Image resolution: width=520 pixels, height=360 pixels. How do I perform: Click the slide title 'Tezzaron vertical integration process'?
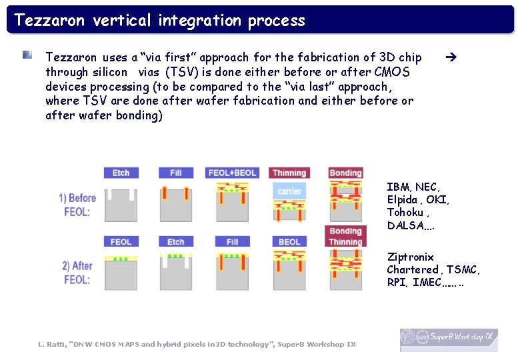point(160,20)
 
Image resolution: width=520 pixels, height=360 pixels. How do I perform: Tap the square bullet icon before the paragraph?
point(27,55)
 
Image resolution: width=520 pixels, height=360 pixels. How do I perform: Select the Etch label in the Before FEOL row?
point(121,173)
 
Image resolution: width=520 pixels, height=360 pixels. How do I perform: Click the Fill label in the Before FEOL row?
point(175,173)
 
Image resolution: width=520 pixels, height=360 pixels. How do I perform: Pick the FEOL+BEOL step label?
point(232,173)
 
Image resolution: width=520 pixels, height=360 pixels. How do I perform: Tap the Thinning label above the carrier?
point(289,173)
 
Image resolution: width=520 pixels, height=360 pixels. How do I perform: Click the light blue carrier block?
point(289,191)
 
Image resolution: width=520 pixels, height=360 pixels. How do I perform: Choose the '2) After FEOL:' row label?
point(77,273)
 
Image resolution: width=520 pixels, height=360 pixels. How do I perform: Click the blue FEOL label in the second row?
point(121,242)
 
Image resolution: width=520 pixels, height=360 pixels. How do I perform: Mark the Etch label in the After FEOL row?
point(175,242)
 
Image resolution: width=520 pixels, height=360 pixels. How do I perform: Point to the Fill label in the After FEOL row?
point(232,242)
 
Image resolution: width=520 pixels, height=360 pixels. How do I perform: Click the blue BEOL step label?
point(289,242)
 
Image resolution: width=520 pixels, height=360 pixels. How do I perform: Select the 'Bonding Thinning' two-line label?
point(345,237)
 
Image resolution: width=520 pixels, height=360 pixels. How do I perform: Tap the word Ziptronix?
point(410,257)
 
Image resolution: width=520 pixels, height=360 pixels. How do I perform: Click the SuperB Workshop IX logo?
point(449,339)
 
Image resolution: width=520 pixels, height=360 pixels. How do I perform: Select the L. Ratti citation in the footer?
point(197,344)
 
